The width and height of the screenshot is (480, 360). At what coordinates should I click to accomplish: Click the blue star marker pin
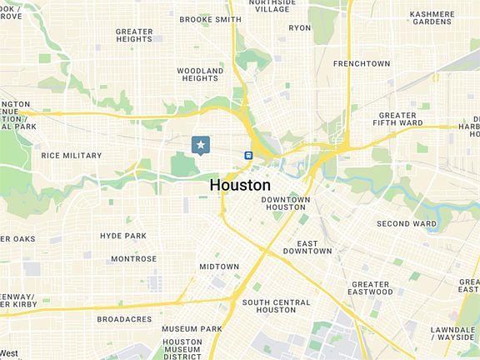[x=200, y=145]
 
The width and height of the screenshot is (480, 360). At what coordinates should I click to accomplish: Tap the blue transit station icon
[x=248, y=155]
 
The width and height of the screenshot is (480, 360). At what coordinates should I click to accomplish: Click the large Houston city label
[x=240, y=184]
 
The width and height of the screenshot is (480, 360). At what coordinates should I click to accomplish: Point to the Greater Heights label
[x=133, y=35]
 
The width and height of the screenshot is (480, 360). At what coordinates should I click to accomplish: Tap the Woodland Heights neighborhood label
[x=201, y=74]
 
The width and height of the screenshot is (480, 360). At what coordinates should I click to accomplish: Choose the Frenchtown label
[x=362, y=63]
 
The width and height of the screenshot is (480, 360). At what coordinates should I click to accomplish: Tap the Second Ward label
[x=407, y=223]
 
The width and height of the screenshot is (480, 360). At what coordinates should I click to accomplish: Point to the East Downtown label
[x=307, y=247]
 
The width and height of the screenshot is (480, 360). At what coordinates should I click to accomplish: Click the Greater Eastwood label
[x=372, y=288]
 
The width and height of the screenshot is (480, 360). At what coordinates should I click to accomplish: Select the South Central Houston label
[x=275, y=306]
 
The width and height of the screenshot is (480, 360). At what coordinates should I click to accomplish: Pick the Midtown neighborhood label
[x=219, y=267]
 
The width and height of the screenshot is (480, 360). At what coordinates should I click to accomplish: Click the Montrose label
[x=133, y=259]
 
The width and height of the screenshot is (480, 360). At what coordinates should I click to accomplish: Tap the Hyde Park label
[x=123, y=236]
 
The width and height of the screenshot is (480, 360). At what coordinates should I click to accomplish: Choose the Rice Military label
[x=72, y=156]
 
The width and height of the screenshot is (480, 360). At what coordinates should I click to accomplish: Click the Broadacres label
[x=124, y=319]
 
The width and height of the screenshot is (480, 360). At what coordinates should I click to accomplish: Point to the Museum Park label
[x=192, y=329]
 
